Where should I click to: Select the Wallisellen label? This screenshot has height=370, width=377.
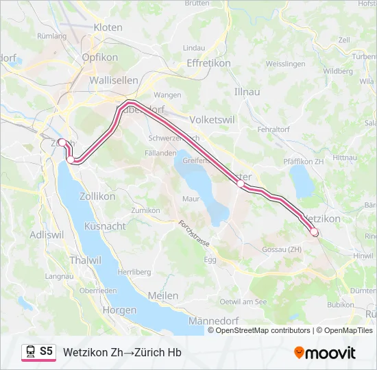click(x=114, y=80)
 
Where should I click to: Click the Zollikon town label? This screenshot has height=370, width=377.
click(x=97, y=196)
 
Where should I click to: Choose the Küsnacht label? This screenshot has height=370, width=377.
click(x=104, y=226)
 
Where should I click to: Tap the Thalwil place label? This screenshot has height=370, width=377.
click(x=86, y=260)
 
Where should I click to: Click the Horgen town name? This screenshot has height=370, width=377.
click(x=119, y=310)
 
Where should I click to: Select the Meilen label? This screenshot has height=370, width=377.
click(x=162, y=295)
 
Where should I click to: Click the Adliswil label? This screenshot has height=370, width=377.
click(x=47, y=235)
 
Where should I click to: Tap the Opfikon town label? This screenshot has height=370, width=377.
click(x=100, y=58)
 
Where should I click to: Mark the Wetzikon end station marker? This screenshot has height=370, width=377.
click(x=315, y=232)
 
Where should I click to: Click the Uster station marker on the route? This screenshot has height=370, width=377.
click(x=241, y=184)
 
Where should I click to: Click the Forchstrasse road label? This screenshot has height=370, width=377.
click(x=194, y=234)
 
